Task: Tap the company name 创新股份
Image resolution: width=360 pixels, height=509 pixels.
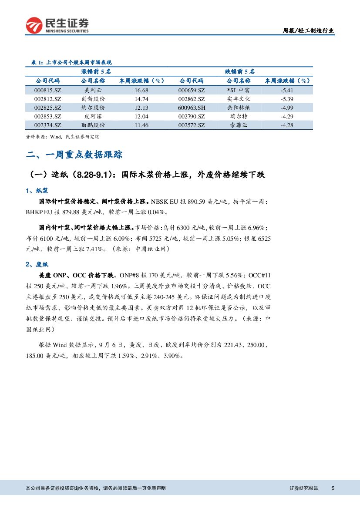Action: click(93, 99)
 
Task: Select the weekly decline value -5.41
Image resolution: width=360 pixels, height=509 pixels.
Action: click(287, 90)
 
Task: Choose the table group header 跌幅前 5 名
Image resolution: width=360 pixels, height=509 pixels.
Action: click(239, 71)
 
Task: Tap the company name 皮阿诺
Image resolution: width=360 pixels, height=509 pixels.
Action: click(93, 116)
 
